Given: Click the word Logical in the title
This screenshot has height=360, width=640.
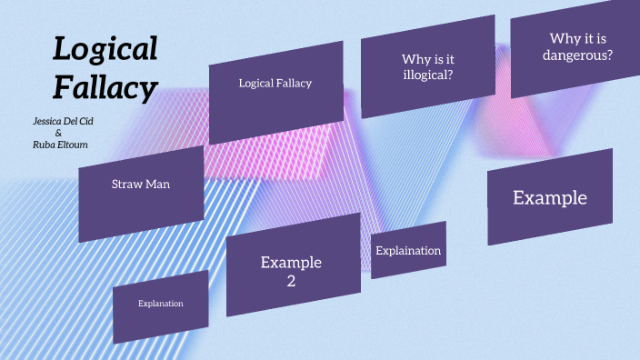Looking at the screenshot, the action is [x=105, y=49].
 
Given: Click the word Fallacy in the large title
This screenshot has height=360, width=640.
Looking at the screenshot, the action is [x=105, y=87].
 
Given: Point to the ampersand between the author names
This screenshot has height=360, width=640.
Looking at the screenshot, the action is [x=58, y=133].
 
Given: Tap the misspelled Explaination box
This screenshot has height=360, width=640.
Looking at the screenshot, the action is [x=408, y=251].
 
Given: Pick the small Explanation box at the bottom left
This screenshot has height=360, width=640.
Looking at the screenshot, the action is [x=161, y=304].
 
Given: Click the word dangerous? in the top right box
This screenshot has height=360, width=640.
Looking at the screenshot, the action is [x=578, y=55].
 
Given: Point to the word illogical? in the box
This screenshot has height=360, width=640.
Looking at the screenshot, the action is [x=428, y=75].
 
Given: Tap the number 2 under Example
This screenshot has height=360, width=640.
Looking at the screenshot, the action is [x=292, y=281].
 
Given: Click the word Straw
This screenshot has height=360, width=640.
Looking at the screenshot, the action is [x=127, y=185].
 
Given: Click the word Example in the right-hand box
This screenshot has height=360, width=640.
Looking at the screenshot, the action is [x=550, y=198].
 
